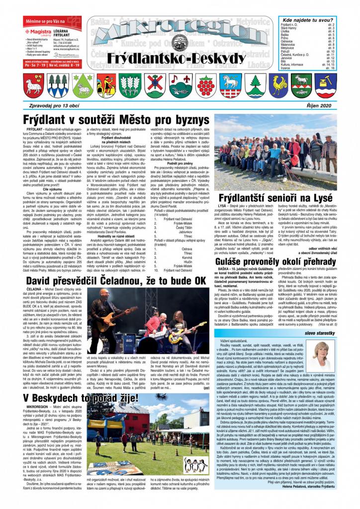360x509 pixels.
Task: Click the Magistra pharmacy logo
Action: click(x=39, y=30)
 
